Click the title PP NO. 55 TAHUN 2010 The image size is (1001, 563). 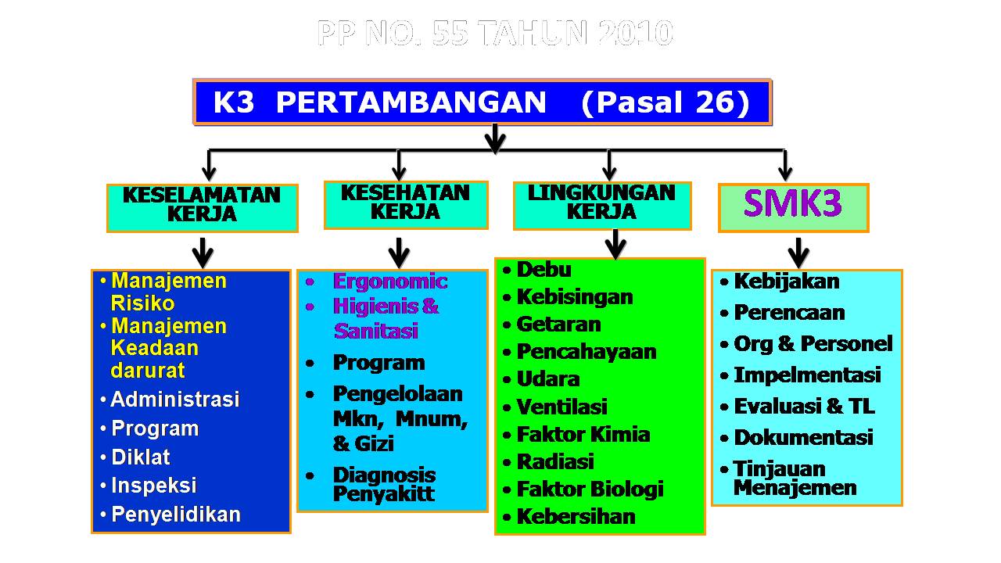click(x=495, y=33)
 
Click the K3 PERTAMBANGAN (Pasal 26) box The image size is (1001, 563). click(x=482, y=102)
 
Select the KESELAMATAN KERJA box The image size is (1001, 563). click(x=202, y=207)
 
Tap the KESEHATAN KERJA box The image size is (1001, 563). click(x=405, y=204)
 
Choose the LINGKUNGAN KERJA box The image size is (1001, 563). click(x=601, y=205)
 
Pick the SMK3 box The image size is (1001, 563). click(x=793, y=207)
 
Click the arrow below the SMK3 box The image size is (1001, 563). click(x=798, y=252)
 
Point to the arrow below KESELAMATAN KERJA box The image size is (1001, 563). click(x=203, y=252)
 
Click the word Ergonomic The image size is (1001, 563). click(x=390, y=281)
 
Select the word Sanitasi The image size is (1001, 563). click(x=376, y=331)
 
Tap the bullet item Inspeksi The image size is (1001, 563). click(x=153, y=486)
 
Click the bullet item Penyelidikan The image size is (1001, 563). click(x=175, y=515)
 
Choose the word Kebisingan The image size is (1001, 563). click(x=575, y=297)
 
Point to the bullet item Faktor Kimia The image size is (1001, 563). click(x=583, y=435)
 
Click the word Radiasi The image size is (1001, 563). click(x=555, y=462)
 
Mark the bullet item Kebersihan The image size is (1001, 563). click(x=576, y=517)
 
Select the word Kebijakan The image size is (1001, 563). click(x=786, y=281)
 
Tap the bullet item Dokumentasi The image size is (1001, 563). click(x=802, y=438)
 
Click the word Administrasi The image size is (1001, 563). click(x=174, y=400)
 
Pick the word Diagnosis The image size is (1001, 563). click(x=384, y=475)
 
